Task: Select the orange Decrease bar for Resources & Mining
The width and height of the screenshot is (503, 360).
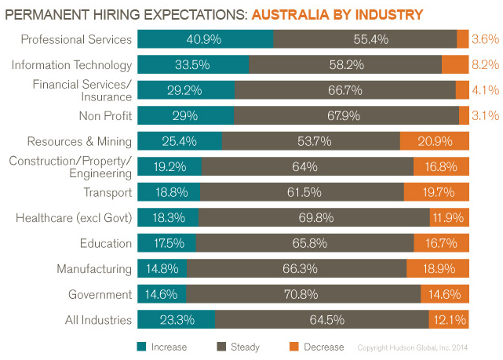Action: tap(434, 141)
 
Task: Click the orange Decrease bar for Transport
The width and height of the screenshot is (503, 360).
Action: tap(436, 192)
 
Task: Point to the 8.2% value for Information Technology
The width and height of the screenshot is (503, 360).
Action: tap(486, 65)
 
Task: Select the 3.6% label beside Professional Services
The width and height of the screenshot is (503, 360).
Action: tap(486, 40)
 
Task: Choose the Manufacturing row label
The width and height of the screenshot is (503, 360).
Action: tap(94, 269)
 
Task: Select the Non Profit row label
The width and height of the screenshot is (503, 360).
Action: tap(105, 116)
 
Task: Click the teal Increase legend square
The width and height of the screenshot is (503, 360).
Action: tap(142, 346)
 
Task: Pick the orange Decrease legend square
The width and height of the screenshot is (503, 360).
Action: tap(294, 346)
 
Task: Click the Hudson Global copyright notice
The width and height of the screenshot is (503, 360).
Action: tap(423, 347)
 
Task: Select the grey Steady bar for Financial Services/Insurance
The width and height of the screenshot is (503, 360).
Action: tap(345, 91)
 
